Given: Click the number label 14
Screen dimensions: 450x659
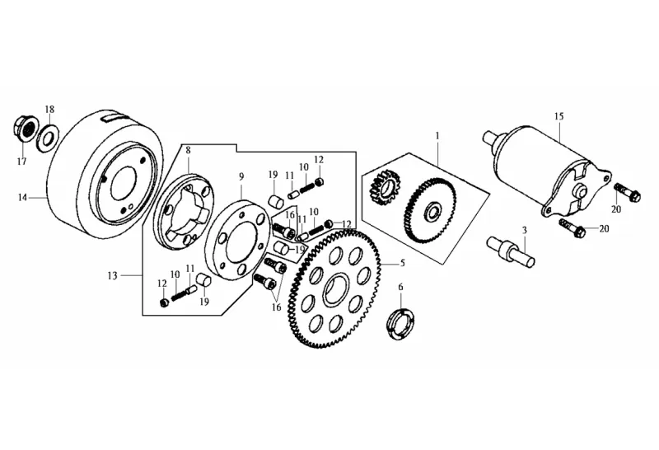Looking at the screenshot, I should coord(23,198).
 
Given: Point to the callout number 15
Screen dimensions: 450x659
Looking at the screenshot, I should coord(559,116).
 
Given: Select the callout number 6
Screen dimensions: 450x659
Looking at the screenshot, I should coord(401,288).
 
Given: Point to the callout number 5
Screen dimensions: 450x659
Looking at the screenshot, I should coord(403,263).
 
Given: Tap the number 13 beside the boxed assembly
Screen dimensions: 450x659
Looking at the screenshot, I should coord(113,274).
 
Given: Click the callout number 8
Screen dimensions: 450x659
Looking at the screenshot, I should coord(188,151).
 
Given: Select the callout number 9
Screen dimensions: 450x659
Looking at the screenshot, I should coord(241,176).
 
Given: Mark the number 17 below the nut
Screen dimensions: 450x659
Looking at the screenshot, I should coord(22,161).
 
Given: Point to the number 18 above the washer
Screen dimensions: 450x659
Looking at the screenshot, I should coord(49,110).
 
